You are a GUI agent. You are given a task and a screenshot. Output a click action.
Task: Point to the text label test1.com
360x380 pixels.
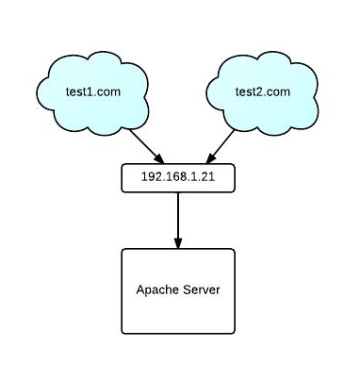point(90,92)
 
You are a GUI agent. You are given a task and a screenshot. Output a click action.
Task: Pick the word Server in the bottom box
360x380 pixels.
point(201,289)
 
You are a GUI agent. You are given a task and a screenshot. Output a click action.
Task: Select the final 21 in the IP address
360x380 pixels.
point(206,177)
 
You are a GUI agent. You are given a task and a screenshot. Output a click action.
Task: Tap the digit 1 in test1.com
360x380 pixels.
point(89,92)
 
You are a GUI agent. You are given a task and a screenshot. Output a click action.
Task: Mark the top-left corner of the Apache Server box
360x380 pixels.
point(123,250)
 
